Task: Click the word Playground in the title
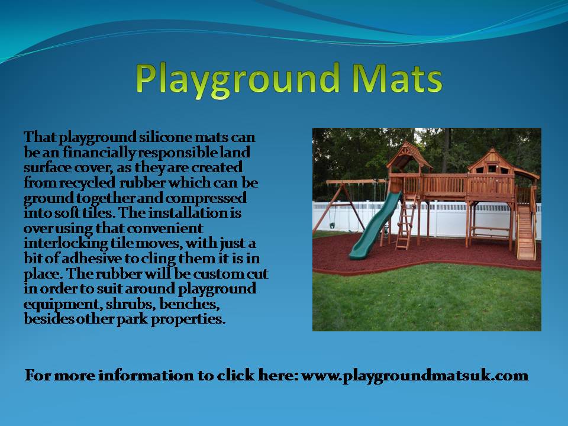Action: click(238, 80)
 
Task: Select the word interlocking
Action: click(66, 243)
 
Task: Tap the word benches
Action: click(189, 304)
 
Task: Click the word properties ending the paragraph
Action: click(188, 319)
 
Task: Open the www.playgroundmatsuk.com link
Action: click(414, 376)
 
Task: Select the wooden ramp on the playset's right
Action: click(525, 232)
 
